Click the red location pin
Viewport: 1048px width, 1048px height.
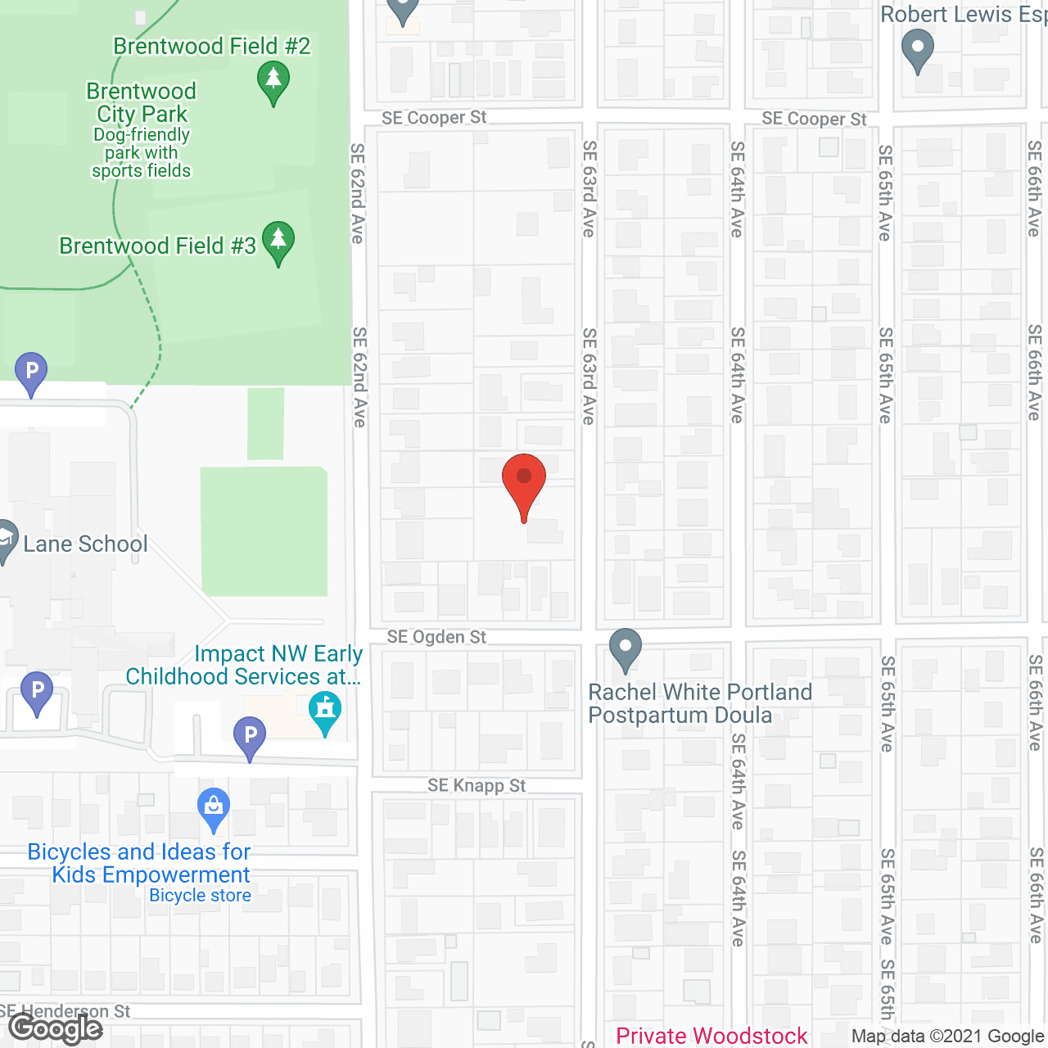point(523,483)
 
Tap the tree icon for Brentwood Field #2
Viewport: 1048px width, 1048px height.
point(273,83)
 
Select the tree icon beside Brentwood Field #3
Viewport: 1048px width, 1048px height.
point(278,242)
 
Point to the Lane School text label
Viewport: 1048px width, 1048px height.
point(85,544)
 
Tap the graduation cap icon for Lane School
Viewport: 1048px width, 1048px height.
point(4,540)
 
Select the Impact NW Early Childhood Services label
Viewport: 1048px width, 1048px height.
point(244,665)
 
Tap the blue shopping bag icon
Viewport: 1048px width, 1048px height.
point(214,809)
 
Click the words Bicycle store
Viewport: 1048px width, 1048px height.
point(200,896)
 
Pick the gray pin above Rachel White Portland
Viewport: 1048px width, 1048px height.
point(626,648)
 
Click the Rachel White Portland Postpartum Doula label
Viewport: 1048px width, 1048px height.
point(699,703)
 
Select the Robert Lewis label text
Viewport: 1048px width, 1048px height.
point(963,14)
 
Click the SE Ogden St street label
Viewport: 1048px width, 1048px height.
point(436,637)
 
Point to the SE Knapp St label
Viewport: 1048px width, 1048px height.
point(477,786)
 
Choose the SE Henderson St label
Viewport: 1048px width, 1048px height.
point(65,1012)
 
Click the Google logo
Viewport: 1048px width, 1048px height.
point(56,1029)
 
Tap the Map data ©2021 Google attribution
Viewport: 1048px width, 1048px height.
point(948,1037)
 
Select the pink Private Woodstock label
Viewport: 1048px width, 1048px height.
point(711,1037)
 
